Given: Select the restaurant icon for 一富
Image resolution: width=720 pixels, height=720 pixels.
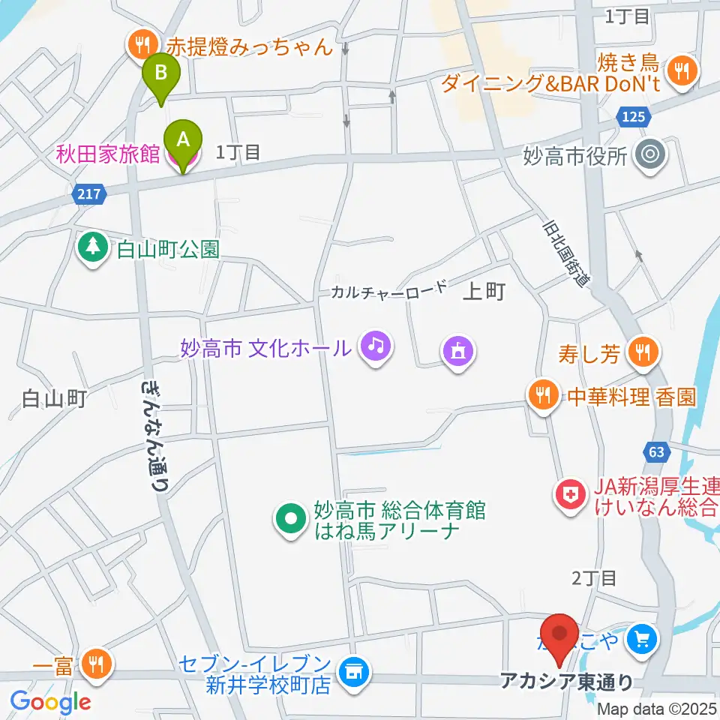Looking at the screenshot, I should point(97,662).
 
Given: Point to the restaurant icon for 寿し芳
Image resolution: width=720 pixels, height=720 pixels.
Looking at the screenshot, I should point(642,350).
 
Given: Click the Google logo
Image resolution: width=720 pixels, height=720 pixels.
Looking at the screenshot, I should point(51,702).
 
